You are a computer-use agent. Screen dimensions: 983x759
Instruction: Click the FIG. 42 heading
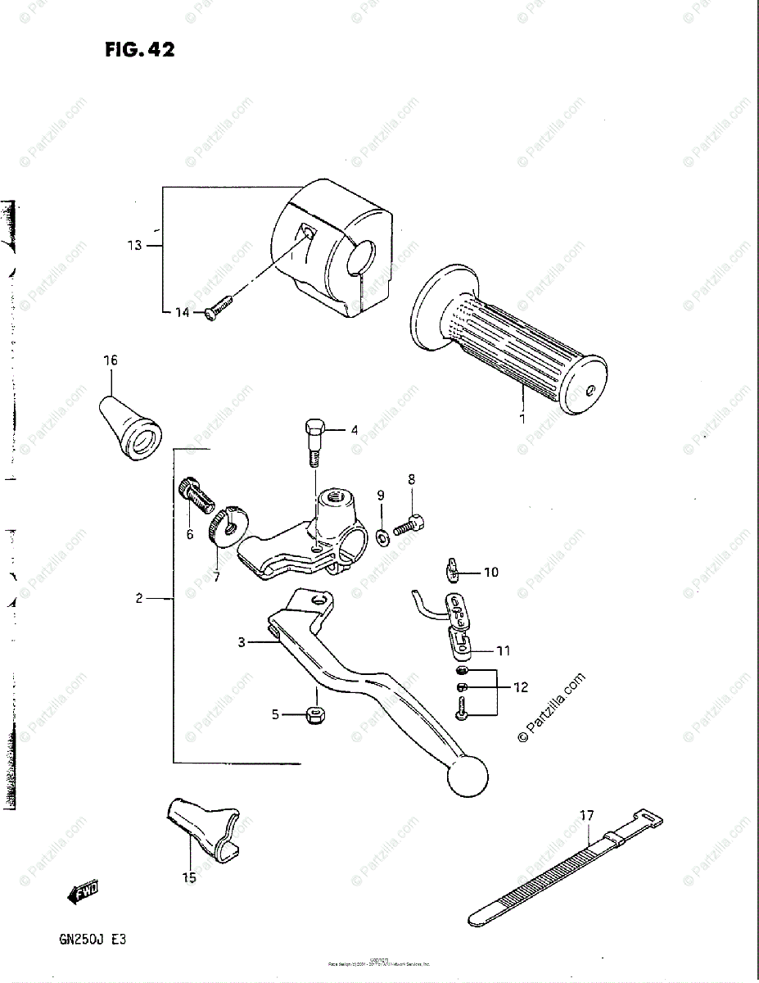139,50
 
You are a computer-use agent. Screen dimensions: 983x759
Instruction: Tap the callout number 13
134,245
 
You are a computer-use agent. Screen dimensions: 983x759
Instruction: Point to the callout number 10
490,573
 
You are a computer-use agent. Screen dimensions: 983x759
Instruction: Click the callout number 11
503,651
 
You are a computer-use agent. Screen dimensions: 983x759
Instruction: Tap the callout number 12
521,687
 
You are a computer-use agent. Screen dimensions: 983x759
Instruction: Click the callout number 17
586,815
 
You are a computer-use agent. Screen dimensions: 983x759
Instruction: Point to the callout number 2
139,599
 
